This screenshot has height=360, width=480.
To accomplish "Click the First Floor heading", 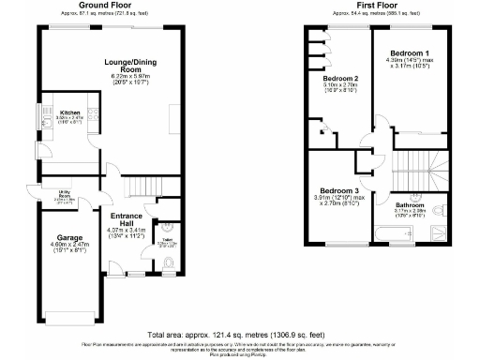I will (373, 5).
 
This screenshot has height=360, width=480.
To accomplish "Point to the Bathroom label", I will (410, 204).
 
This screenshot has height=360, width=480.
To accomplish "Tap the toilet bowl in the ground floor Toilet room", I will (168, 227).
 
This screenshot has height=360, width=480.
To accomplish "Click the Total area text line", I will (241, 335).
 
